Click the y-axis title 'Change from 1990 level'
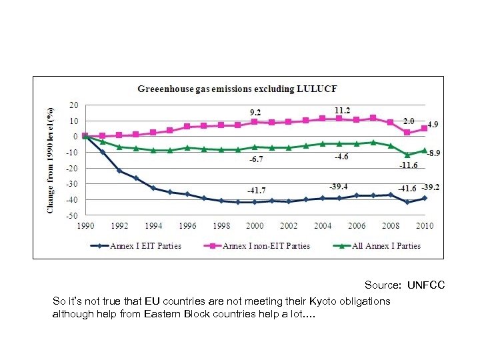point(51,160)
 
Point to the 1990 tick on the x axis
point(86,226)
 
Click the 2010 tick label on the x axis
point(425,226)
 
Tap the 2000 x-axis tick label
point(255,226)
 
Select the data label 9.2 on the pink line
point(255,111)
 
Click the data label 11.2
point(343,111)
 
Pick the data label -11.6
point(408,165)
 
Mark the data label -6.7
point(257,160)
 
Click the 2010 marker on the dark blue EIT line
point(425,198)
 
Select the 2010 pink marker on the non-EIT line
point(425,128)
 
